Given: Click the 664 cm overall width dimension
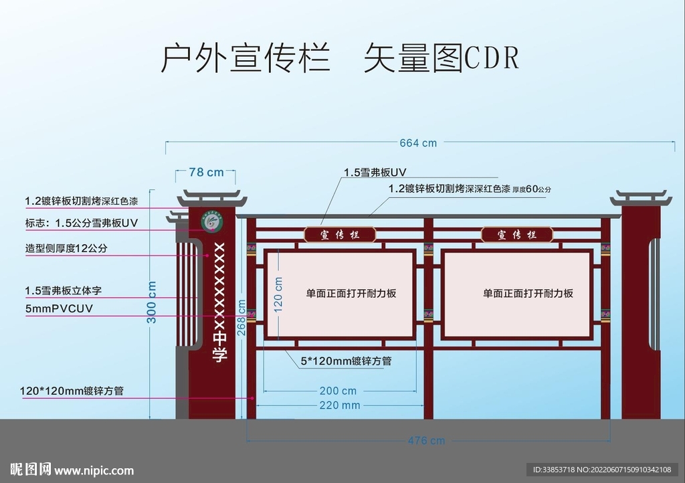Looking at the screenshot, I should click(x=418, y=142).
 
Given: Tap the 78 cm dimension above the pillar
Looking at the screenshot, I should click(x=206, y=173).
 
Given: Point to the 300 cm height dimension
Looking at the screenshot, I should click(x=153, y=302).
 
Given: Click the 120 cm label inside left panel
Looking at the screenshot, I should click(x=278, y=294).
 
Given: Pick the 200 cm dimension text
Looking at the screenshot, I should click(x=338, y=391).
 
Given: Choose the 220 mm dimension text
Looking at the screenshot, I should click(x=339, y=405).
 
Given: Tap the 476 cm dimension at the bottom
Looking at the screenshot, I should click(x=426, y=441).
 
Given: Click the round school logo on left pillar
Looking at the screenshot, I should click(x=212, y=222).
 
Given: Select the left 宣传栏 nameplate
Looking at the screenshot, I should click(x=340, y=235).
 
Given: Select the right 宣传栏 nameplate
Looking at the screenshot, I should click(x=517, y=235).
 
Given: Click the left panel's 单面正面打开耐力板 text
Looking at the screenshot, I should click(x=351, y=293).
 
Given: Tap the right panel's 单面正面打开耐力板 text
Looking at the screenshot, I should click(x=528, y=293).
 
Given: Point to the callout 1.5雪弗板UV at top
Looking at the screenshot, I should click(x=375, y=173).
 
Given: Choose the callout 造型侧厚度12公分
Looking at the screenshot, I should click(x=66, y=248).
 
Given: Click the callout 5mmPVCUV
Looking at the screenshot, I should click(x=59, y=308).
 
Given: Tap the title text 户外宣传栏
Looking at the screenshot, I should click(x=245, y=59).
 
